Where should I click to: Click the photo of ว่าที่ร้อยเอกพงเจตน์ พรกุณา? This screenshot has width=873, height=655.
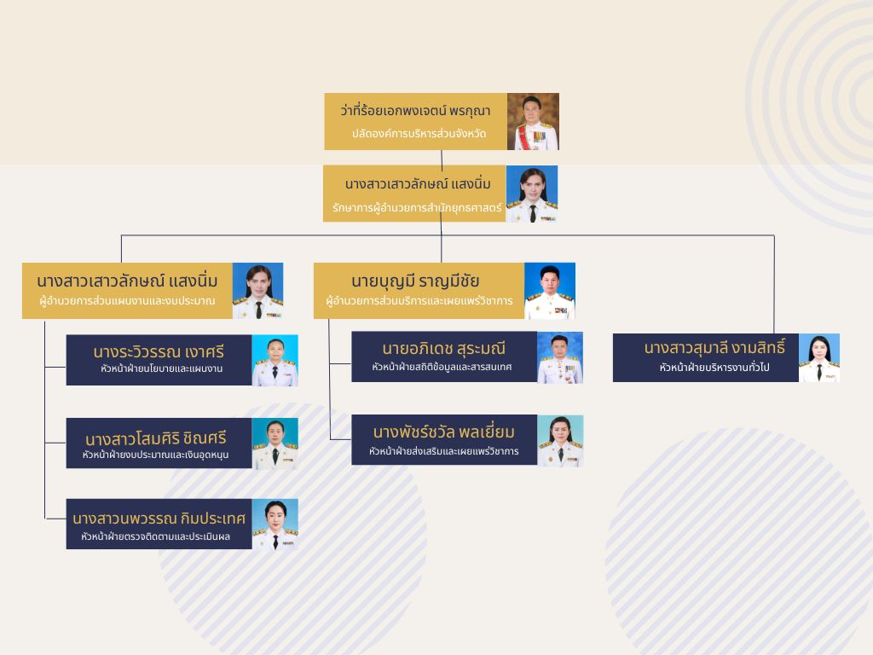(533, 122)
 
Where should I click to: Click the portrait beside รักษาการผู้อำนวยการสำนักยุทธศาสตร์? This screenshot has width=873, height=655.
(531, 194)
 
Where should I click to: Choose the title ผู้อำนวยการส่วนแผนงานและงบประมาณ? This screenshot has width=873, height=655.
(127, 301)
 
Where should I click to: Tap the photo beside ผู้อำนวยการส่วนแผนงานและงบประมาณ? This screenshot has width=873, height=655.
(257, 291)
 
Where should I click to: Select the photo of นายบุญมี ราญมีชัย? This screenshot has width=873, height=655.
(549, 291)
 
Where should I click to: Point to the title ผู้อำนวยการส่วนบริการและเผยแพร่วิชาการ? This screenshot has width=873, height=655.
(419, 301)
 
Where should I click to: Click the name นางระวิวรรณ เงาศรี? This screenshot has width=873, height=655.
(159, 351)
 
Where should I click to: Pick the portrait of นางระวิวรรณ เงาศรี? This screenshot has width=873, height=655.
(275, 360)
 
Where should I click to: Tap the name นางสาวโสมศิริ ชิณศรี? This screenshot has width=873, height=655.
(156, 438)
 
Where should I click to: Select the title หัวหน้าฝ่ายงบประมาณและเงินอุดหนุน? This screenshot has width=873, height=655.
(155, 455)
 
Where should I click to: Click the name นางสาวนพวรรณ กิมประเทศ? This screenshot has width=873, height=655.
(159, 519)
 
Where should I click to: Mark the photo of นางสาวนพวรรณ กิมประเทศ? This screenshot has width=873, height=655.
(275, 525)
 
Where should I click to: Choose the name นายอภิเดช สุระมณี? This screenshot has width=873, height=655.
(444, 348)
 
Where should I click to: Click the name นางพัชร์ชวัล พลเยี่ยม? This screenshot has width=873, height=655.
(444, 432)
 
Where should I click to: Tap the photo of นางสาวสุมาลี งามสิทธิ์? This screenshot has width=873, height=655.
(818, 358)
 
